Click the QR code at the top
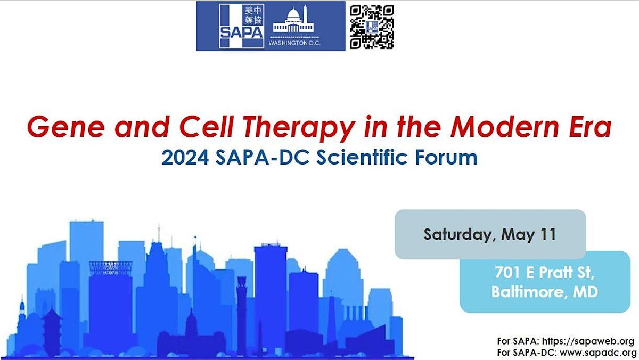point(372,27)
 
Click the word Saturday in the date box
point(457,234)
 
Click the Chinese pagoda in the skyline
point(52,330)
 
